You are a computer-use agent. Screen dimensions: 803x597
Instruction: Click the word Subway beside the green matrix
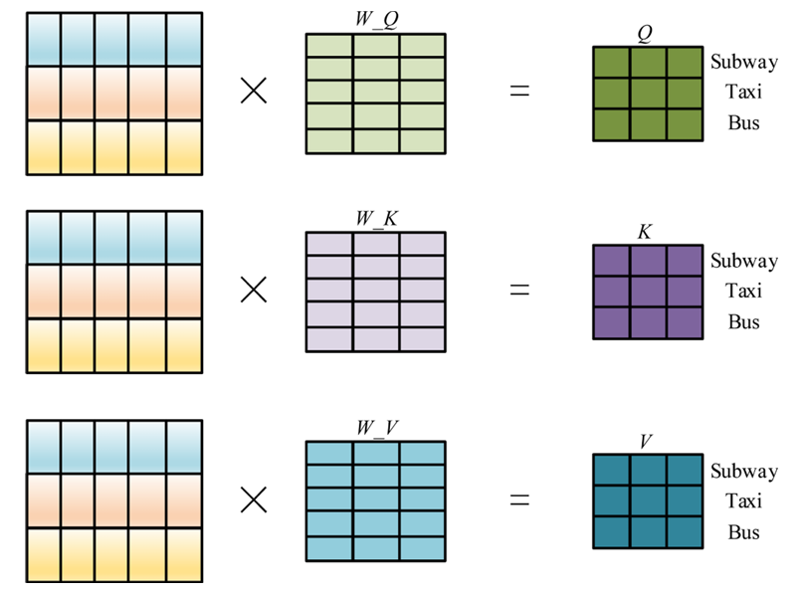pyautogui.click(x=744, y=62)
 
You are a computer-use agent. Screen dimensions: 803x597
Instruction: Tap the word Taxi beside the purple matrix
pyautogui.click(x=744, y=292)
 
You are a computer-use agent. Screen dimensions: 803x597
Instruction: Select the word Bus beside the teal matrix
pyautogui.click(x=744, y=532)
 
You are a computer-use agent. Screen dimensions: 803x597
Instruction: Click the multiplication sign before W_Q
pyautogui.click(x=255, y=92)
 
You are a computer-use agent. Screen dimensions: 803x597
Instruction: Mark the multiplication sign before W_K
pyautogui.click(x=255, y=290)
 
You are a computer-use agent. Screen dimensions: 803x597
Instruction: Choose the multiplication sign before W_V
pyautogui.click(x=255, y=499)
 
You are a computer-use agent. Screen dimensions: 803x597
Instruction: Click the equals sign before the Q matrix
pyautogui.click(x=519, y=92)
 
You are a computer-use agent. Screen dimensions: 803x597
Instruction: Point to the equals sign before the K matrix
pyautogui.click(x=519, y=290)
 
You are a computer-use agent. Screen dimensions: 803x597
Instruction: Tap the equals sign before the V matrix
pyautogui.click(x=519, y=499)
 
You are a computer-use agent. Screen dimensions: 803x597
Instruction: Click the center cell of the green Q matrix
pyautogui.click(x=648, y=94)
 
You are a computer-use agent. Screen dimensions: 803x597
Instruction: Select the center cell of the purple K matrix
pyautogui.click(x=648, y=292)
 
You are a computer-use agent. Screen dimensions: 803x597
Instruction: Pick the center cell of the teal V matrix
pyautogui.click(x=648, y=500)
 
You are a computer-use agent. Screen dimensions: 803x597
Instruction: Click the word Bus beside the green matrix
pyautogui.click(x=744, y=124)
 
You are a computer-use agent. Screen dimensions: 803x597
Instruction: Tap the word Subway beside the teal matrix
pyautogui.click(x=744, y=471)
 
